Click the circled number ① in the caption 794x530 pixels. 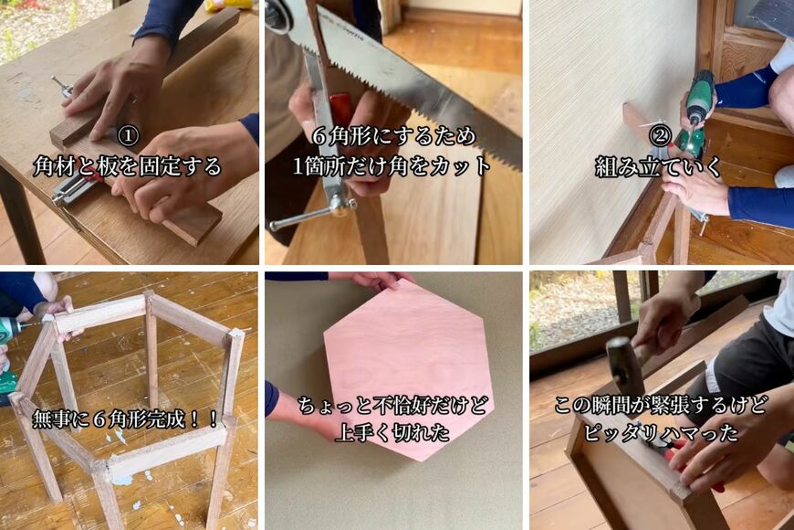click(x=129, y=136)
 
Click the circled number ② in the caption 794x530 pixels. click(x=659, y=136)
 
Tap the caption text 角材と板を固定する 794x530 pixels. click(x=128, y=167)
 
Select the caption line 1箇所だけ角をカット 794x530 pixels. click(x=392, y=167)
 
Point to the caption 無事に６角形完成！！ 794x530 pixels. click(x=127, y=419)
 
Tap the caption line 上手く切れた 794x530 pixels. click(x=394, y=432)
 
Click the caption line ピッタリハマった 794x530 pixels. click(x=659, y=432)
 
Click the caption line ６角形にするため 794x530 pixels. click(x=393, y=136)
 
